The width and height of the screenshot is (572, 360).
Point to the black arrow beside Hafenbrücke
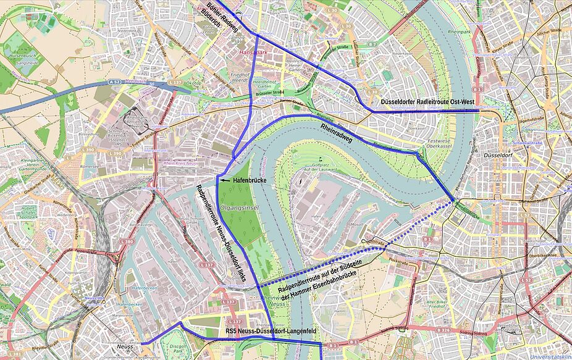pos(226,180)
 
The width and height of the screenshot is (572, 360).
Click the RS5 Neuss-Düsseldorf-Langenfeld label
pos(271,332)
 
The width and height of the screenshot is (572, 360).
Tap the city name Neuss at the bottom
pos(125,346)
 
